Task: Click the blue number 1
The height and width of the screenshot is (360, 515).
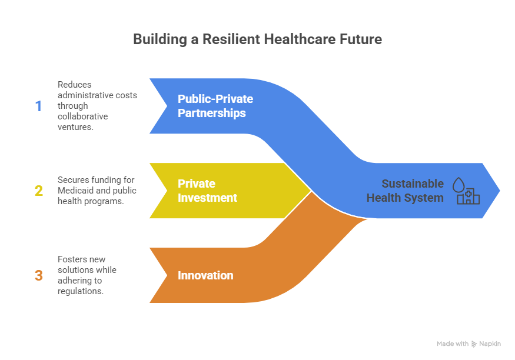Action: click(x=38, y=106)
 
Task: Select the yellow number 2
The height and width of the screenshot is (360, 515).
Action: click(x=38, y=191)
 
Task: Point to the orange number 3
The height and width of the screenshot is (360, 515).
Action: click(x=38, y=275)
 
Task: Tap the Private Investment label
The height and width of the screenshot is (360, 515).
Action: click(x=207, y=191)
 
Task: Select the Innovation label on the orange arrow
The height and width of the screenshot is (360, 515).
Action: click(x=205, y=275)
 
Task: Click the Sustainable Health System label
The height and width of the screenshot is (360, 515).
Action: click(x=405, y=191)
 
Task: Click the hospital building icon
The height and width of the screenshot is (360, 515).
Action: click(x=469, y=196)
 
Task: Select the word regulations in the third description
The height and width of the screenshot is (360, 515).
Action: click(x=81, y=291)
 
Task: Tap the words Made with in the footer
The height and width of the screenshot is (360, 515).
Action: click(x=453, y=344)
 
